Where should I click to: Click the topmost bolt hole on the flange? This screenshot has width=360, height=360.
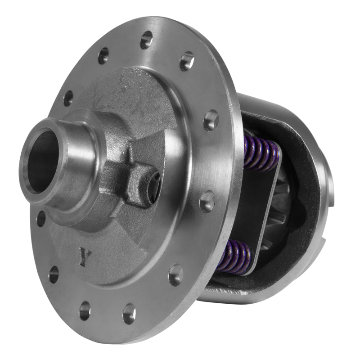pos(146,40)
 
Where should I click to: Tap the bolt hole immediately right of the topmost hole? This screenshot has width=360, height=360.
pos(187,61)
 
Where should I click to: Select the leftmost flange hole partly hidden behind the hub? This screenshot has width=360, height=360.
pos(41,219)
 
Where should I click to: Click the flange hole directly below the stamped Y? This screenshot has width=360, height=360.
pos(85,310)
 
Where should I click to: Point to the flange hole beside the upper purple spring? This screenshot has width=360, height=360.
pos(211,120)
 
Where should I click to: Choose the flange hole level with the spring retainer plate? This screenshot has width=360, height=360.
pos(207,202)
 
